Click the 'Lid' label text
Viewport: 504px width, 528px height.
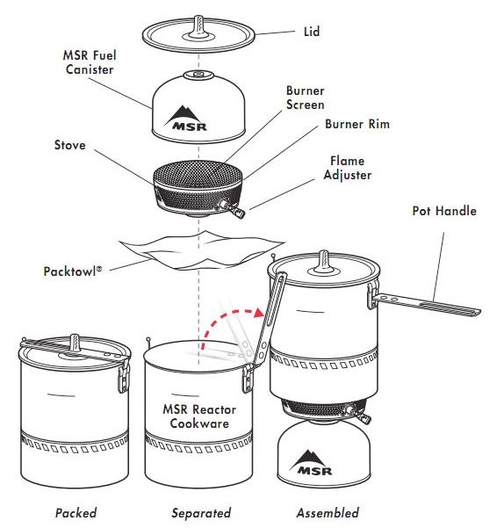[x=311, y=33]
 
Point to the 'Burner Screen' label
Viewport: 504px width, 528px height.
[x=306, y=98]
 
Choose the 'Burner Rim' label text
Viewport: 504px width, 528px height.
[x=356, y=125]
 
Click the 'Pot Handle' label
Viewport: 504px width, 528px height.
[x=444, y=212]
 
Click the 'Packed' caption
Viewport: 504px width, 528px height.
[x=76, y=512]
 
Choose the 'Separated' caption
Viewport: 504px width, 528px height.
[x=201, y=512]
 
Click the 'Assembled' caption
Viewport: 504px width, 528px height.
[x=327, y=512]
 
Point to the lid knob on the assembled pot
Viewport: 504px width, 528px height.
[x=323, y=258]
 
